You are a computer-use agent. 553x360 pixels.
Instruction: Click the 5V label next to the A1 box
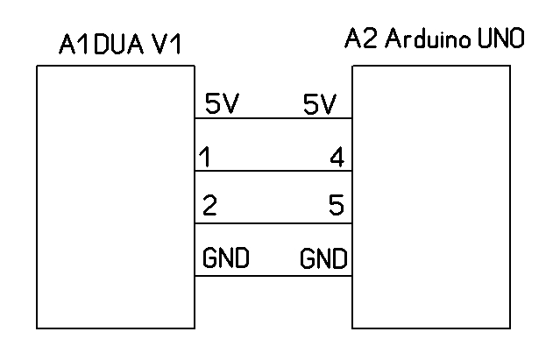[x=221, y=105]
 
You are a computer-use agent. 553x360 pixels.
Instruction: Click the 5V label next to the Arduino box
[x=319, y=105]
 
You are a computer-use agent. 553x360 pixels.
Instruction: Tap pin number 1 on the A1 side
[x=204, y=159]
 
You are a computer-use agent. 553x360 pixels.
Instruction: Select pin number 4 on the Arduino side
[x=337, y=159]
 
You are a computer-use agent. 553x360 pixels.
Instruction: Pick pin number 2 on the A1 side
[x=209, y=208]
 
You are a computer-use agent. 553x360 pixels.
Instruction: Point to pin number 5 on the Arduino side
[x=336, y=208]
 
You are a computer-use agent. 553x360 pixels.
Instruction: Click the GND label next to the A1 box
[x=226, y=259]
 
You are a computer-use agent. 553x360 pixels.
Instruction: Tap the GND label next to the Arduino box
[x=323, y=259]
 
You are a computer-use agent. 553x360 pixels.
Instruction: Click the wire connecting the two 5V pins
[x=273, y=118]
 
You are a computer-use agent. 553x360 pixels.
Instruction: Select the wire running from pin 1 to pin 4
[x=273, y=171]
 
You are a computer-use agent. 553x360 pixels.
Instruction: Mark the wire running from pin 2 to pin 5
[x=273, y=223]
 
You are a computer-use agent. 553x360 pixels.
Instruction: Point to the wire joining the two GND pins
[x=273, y=276]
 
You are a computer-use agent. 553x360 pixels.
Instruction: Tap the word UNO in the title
[x=503, y=40]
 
